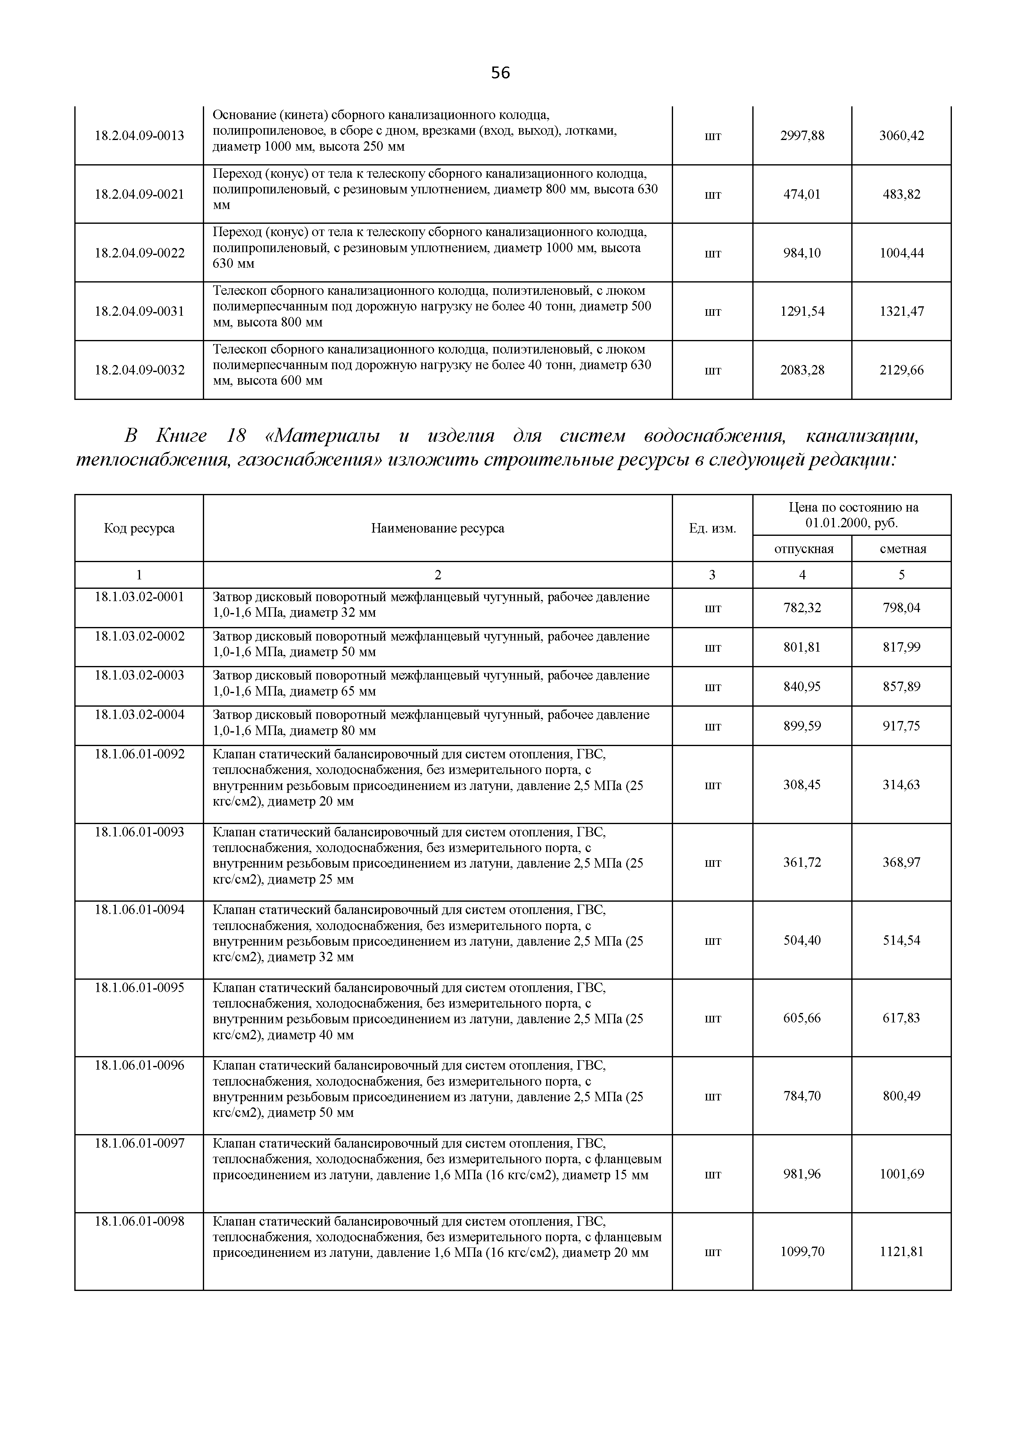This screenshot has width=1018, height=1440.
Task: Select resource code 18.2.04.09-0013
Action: (x=139, y=136)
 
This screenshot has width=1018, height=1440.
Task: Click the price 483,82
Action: (x=901, y=195)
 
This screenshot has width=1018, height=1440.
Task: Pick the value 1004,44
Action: (x=901, y=253)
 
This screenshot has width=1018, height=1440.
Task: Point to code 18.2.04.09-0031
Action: (x=139, y=311)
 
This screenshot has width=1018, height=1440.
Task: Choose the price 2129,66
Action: (x=901, y=370)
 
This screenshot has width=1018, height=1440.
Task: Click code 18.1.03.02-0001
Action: (x=139, y=597)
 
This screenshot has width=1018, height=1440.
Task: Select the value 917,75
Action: (x=901, y=726)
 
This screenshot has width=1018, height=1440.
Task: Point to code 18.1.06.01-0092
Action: (x=139, y=754)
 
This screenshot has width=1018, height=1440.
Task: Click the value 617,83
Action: (x=901, y=1018)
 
